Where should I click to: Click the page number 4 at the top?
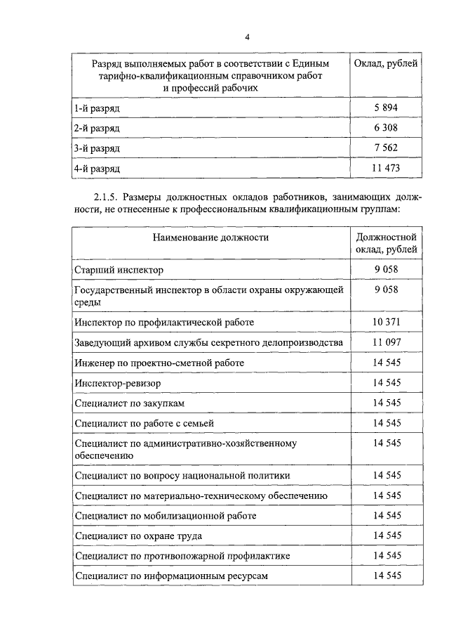coord(246,37)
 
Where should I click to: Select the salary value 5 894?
coord(387,108)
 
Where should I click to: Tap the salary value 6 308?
coord(387,129)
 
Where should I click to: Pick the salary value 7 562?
coord(387,148)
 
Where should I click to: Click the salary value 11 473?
coord(387,169)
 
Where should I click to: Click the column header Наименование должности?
coord(210,238)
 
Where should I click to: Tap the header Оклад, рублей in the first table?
coord(387,64)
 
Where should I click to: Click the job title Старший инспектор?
coord(118,269)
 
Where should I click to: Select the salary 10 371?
coord(387,321)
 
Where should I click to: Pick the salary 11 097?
coord(387,342)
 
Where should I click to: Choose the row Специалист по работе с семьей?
coord(143,423)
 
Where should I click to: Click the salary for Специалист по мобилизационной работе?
coord(387,515)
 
